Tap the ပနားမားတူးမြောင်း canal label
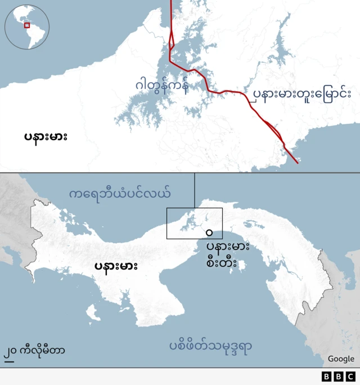click(x=301, y=93)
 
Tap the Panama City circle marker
click(x=209, y=232)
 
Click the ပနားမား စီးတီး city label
click(x=227, y=255)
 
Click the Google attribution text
click(x=341, y=359)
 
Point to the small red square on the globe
click(x=26, y=25)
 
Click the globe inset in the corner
click(x=27, y=26)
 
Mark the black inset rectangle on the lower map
click(x=195, y=223)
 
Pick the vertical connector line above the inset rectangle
click(x=195, y=190)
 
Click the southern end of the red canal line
click(x=298, y=163)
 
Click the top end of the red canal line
click(x=170, y=2)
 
